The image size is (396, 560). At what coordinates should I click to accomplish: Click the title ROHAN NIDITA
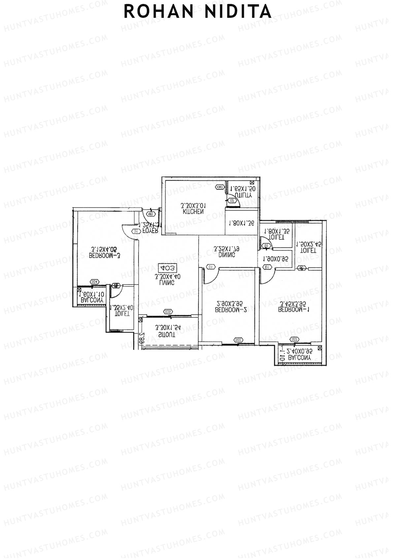(x=198, y=12)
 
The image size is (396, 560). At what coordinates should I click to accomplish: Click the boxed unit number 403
(x=168, y=268)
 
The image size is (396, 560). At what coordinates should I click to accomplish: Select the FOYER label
(x=151, y=230)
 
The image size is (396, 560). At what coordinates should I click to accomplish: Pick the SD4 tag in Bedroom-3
(x=95, y=281)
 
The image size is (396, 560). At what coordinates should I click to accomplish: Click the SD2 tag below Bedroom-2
(x=238, y=340)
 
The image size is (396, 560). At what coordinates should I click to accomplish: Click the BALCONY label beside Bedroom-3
(x=93, y=300)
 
